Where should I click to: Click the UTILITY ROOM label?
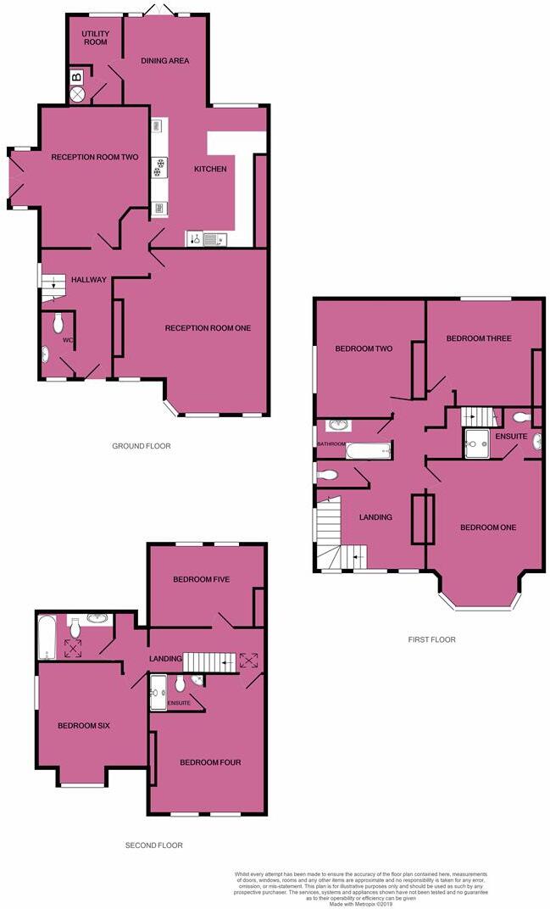click(95, 37)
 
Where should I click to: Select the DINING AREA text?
click(164, 61)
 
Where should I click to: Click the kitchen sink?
click(208, 239)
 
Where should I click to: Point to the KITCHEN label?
click(210, 170)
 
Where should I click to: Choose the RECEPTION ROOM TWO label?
click(94, 157)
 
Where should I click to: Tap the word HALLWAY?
click(89, 281)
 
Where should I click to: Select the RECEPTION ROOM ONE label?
click(208, 328)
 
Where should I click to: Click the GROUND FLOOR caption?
click(142, 446)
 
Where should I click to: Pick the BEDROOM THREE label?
click(479, 338)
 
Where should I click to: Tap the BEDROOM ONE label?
click(488, 527)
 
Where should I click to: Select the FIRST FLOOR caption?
click(431, 639)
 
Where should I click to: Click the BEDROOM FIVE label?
click(202, 579)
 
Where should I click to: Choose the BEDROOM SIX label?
click(84, 726)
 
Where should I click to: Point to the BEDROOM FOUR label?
click(210, 762)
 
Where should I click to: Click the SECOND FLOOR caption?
click(153, 845)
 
